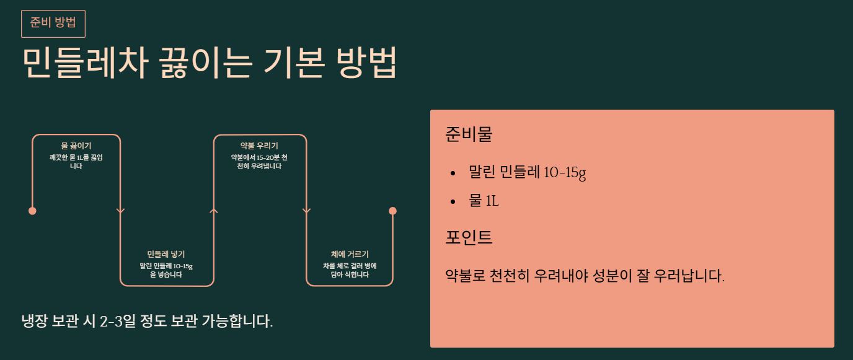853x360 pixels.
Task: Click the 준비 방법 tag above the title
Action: pos(53,24)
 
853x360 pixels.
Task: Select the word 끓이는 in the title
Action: pos(205,62)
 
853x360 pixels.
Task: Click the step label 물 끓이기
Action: pos(76,146)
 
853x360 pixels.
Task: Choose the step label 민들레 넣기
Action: pos(166,254)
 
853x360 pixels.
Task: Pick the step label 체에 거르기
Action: pos(350,254)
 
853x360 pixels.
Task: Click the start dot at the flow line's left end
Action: pos(32,211)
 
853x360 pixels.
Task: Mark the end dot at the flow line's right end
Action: pos(392,211)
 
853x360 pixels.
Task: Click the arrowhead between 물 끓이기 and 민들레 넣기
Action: pos(120,211)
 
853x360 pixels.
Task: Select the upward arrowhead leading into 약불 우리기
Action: pos(214,211)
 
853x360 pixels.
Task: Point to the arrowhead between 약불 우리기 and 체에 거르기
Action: pos(306,211)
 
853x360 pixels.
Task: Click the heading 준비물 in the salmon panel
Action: pos(469,134)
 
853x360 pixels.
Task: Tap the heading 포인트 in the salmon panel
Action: pos(469,237)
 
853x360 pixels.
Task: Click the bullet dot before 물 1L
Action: pos(453,202)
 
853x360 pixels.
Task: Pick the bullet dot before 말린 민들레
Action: pos(453,173)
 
